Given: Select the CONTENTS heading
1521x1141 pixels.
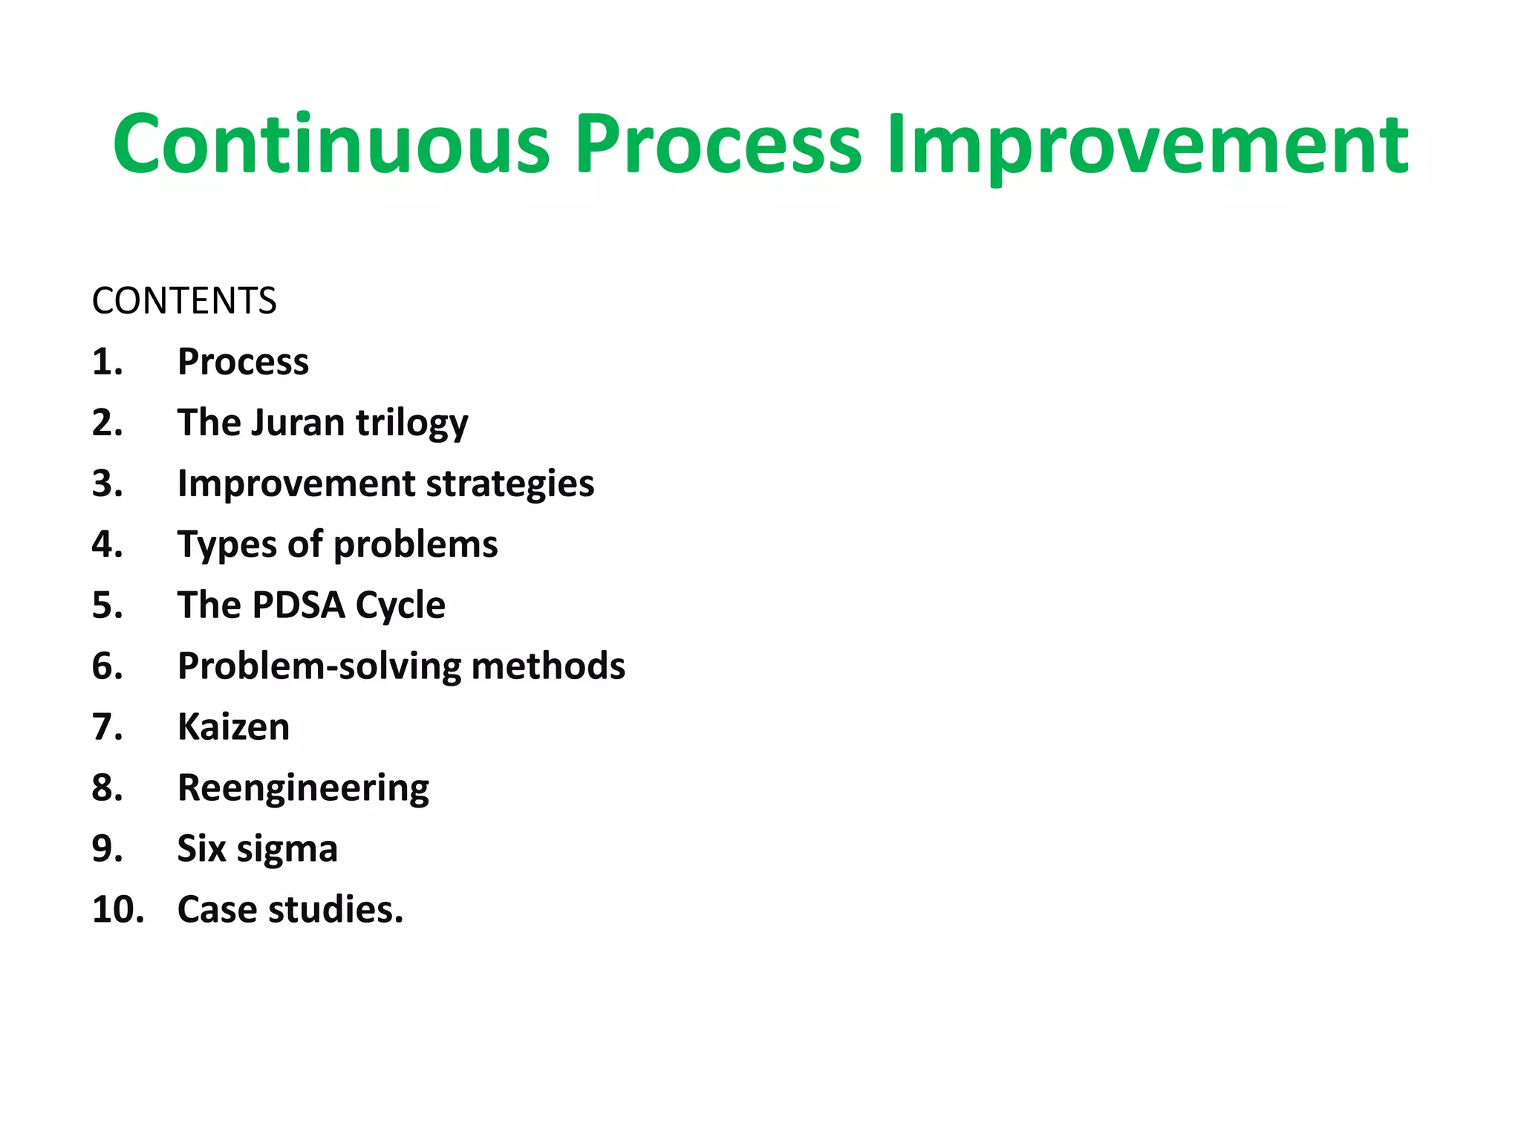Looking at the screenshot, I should click(x=184, y=301).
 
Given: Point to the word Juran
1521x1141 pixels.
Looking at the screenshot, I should click(x=297, y=423).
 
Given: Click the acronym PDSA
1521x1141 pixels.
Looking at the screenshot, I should click(x=299, y=605).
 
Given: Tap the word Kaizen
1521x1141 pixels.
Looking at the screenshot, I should click(x=233, y=727).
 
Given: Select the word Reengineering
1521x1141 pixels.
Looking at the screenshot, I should click(x=303, y=788).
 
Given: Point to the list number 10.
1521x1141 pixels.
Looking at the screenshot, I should click(x=117, y=910).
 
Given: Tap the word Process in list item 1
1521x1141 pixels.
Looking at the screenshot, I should click(x=243, y=363).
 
